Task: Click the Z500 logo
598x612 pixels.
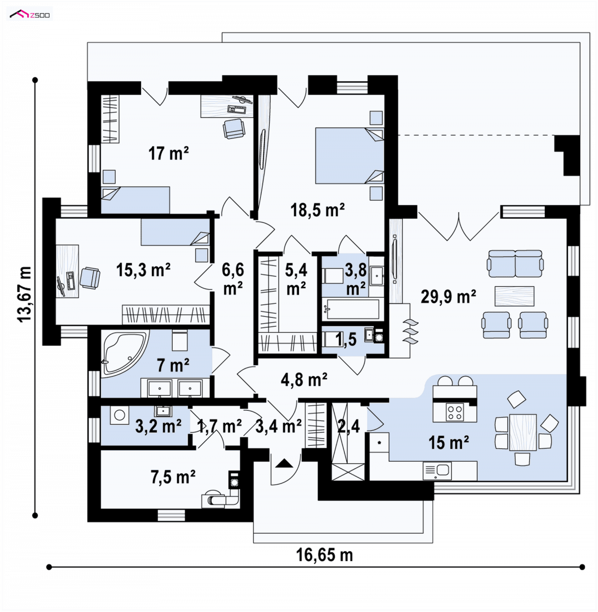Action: click(30, 14)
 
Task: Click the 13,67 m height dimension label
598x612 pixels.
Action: click(24, 294)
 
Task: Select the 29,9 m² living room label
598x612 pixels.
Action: click(448, 296)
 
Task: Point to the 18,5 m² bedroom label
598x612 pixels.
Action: click(317, 210)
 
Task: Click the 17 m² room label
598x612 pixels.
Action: click(168, 153)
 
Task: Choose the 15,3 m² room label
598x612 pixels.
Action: click(143, 270)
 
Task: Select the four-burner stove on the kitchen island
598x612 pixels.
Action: click(455, 412)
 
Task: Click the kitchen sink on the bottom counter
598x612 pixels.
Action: click(437, 471)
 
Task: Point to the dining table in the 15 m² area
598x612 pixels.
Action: click(523, 432)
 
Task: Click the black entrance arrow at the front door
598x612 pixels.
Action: click(284, 463)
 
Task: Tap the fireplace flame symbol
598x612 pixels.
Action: click(410, 332)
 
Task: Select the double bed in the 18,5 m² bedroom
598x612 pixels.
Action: click(349, 155)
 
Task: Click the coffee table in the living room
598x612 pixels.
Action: click(514, 296)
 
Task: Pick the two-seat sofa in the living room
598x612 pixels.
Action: click(515, 263)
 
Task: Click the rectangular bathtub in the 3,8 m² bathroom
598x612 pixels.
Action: click(352, 309)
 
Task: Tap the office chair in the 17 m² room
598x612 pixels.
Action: click(234, 128)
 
